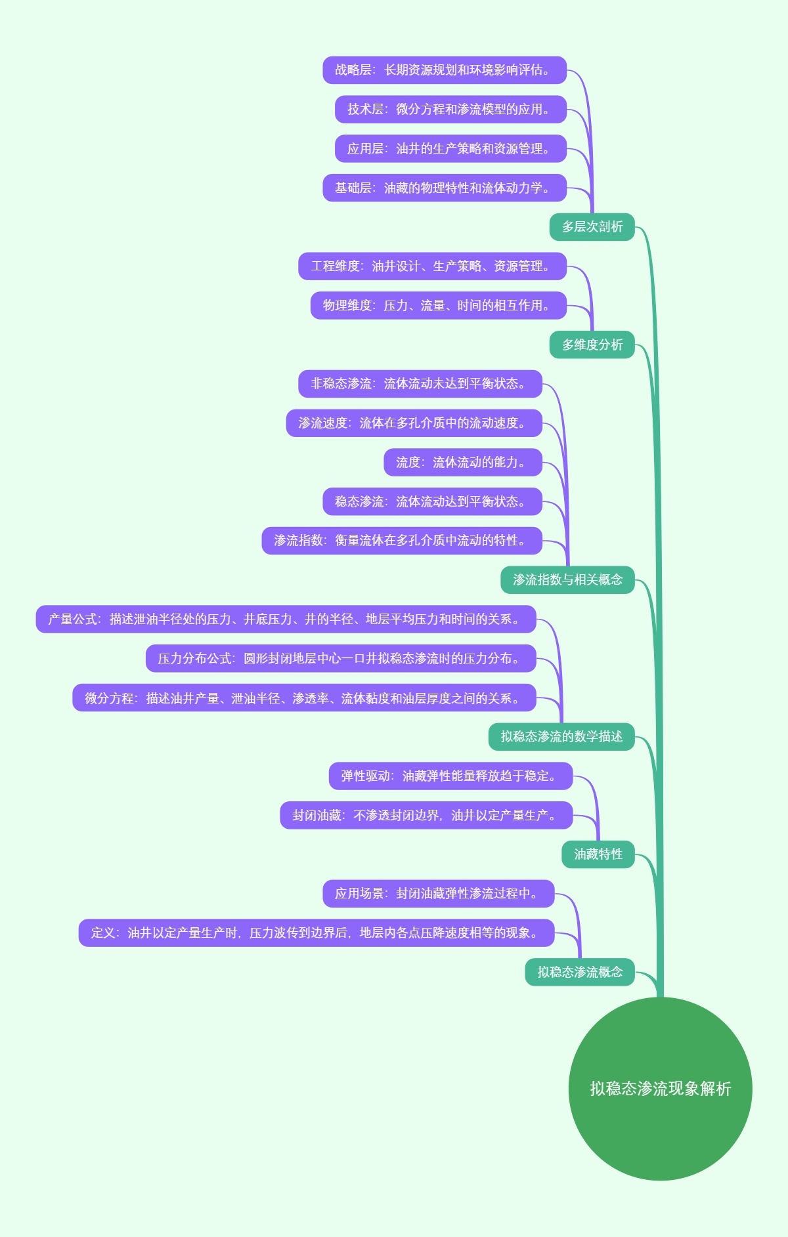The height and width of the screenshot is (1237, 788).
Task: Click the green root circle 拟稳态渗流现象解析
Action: pyautogui.click(x=660, y=1088)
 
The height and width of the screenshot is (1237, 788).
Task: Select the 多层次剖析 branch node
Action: pyautogui.click(x=592, y=227)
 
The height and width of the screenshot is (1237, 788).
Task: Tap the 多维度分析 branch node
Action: pyautogui.click(x=592, y=345)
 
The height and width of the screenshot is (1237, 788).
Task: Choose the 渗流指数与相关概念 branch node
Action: pyautogui.click(x=567, y=580)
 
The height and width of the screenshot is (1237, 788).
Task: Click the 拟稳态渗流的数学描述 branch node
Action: pyautogui.click(x=561, y=737)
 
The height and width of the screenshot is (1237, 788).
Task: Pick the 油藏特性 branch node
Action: pyautogui.click(x=598, y=854)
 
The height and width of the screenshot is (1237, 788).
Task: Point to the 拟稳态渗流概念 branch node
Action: pyautogui.click(x=580, y=972)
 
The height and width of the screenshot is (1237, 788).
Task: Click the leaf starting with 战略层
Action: pyautogui.click(x=444, y=70)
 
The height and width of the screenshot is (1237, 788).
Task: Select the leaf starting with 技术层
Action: pyautogui.click(x=450, y=110)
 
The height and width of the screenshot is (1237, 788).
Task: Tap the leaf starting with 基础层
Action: pyautogui.click(x=444, y=188)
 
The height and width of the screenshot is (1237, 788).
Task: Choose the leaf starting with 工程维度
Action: pyautogui.click(x=432, y=266)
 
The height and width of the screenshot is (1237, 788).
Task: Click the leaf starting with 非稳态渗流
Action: pyautogui.click(x=420, y=384)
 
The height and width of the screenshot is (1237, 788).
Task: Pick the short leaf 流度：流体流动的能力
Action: pyautogui.click(x=462, y=463)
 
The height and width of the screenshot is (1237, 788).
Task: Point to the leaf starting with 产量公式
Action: pyautogui.click(x=286, y=619)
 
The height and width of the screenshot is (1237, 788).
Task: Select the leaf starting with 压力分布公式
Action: pyautogui.click(x=341, y=659)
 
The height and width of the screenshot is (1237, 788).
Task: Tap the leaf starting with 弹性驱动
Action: pyautogui.click(x=450, y=776)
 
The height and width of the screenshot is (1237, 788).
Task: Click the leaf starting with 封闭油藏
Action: pyautogui.click(x=426, y=816)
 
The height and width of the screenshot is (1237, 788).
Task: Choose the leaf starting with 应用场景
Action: pyautogui.click(x=438, y=894)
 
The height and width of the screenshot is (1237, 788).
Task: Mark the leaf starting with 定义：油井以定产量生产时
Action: pyautogui.click(x=317, y=933)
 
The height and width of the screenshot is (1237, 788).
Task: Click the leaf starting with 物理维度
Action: pyautogui.click(x=438, y=306)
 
